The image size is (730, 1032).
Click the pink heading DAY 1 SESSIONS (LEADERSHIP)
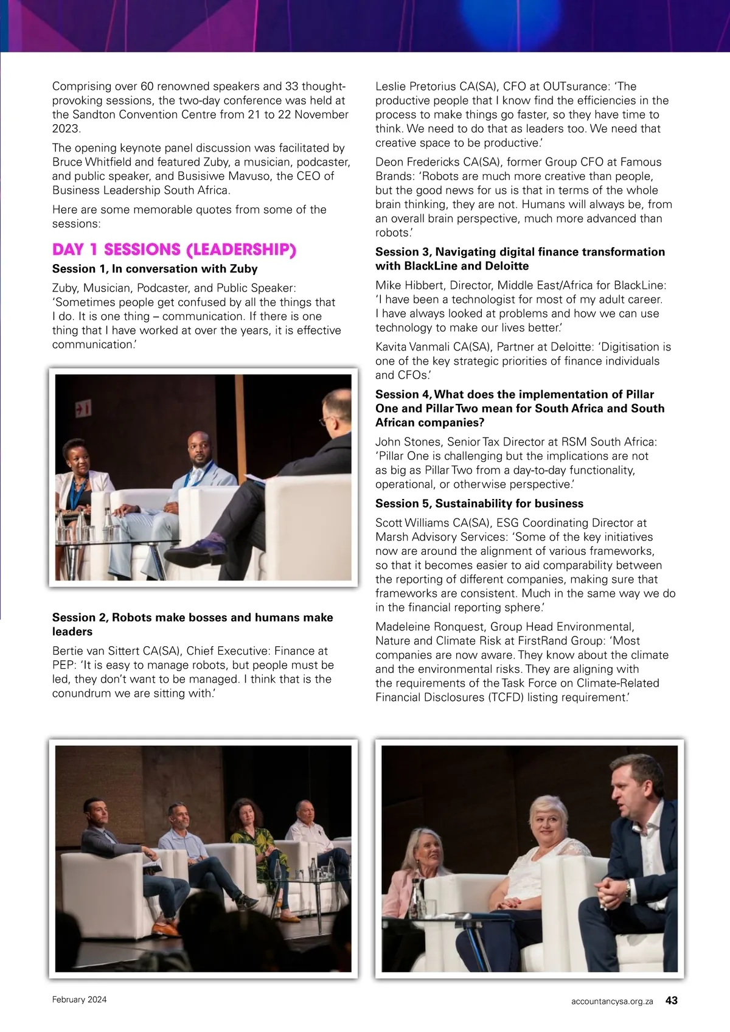point(174,250)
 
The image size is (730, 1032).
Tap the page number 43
point(672,1000)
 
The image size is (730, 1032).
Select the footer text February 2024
point(79,1000)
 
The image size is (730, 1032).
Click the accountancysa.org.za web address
point(612,1001)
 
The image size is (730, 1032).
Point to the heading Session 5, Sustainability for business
point(479,503)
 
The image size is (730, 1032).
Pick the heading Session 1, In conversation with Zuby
point(155,269)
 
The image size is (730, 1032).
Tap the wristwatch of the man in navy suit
point(628,890)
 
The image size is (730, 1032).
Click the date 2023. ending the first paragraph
point(66,128)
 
